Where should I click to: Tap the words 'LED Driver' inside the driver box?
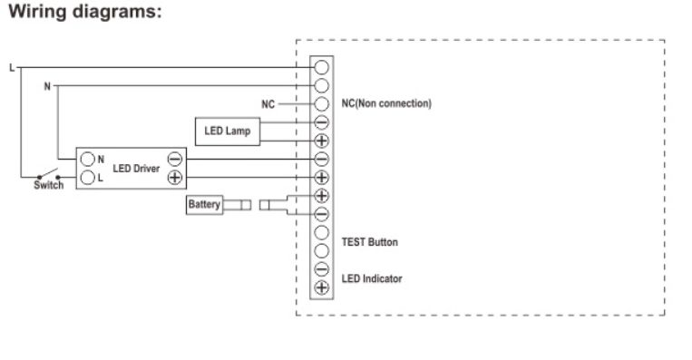(x=136, y=168)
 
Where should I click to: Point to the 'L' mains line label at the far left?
(x=11, y=67)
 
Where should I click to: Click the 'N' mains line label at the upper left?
(x=47, y=86)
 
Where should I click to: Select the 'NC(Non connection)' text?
(x=385, y=104)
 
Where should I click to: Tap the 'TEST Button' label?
(x=368, y=243)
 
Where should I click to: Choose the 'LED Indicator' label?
(x=371, y=278)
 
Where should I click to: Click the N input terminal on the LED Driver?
(x=89, y=160)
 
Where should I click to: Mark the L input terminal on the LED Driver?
(x=89, y=177)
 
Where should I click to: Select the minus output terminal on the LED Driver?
(x=175, y=160)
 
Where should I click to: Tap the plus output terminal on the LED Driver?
(x=175, y=177)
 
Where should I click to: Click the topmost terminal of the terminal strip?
(x=321, y=67)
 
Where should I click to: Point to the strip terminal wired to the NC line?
(x=321, y=104)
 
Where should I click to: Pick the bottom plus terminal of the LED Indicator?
(x=321, y=288)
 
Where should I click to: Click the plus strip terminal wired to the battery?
(x=321, y=196)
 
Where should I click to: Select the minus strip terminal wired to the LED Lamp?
(x=321, y=122)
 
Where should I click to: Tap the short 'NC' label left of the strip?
(x=268, y=104)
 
